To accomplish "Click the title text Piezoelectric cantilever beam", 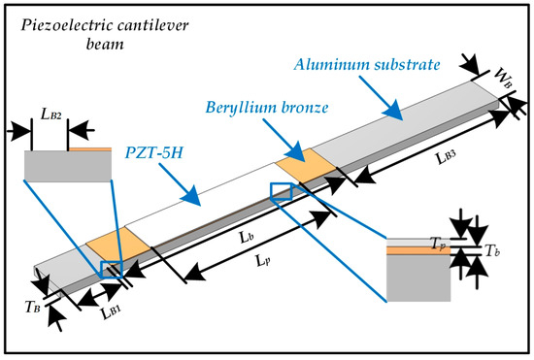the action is coord(105,35).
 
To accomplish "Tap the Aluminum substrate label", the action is coord(367,65).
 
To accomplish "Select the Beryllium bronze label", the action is coord(267,108).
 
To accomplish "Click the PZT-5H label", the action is coord(154,152).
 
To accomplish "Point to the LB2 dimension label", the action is coord(51,115).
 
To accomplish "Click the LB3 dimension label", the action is coord(446,157).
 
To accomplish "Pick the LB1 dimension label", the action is coord(111,311).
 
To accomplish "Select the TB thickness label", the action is coord(33,308).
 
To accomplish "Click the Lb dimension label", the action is coord(247,237).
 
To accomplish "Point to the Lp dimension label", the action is coord(263,261).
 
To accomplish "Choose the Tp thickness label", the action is coord(438,244).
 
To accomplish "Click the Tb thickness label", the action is coord(492,250).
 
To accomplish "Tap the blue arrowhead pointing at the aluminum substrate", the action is coord(394,111).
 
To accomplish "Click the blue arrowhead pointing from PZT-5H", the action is coord(192,196).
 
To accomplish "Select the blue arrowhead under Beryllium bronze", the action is coord(295,151).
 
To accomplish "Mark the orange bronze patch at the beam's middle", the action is coord(306,166).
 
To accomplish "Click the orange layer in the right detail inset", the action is coord(418,250).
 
